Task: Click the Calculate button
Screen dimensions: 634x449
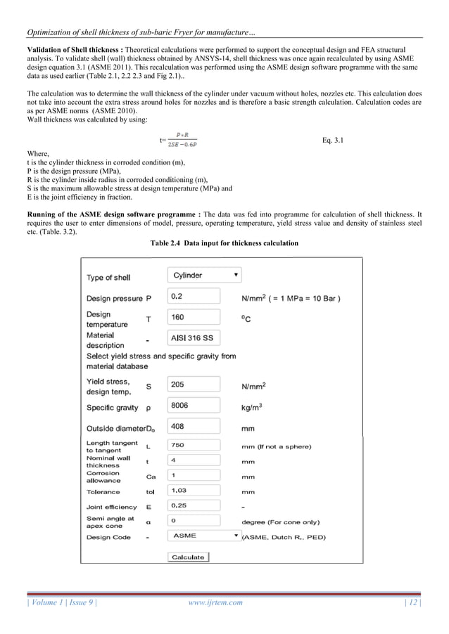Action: pos(188,557)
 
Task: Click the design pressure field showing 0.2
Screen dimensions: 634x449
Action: pos(194,297)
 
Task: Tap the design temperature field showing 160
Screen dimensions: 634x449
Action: pos(194,317)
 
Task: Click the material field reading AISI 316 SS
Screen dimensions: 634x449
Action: pos(194,338)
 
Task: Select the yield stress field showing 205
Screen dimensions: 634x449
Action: pos(194,384)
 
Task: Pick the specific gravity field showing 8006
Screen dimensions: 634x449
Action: pos(194,406)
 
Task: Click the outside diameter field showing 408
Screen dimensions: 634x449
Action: pos(194,427)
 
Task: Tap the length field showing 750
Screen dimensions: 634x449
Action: pos(194,444)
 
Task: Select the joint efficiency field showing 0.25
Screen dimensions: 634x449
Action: pos(194,505)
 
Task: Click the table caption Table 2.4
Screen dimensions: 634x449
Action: pos(224,243)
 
